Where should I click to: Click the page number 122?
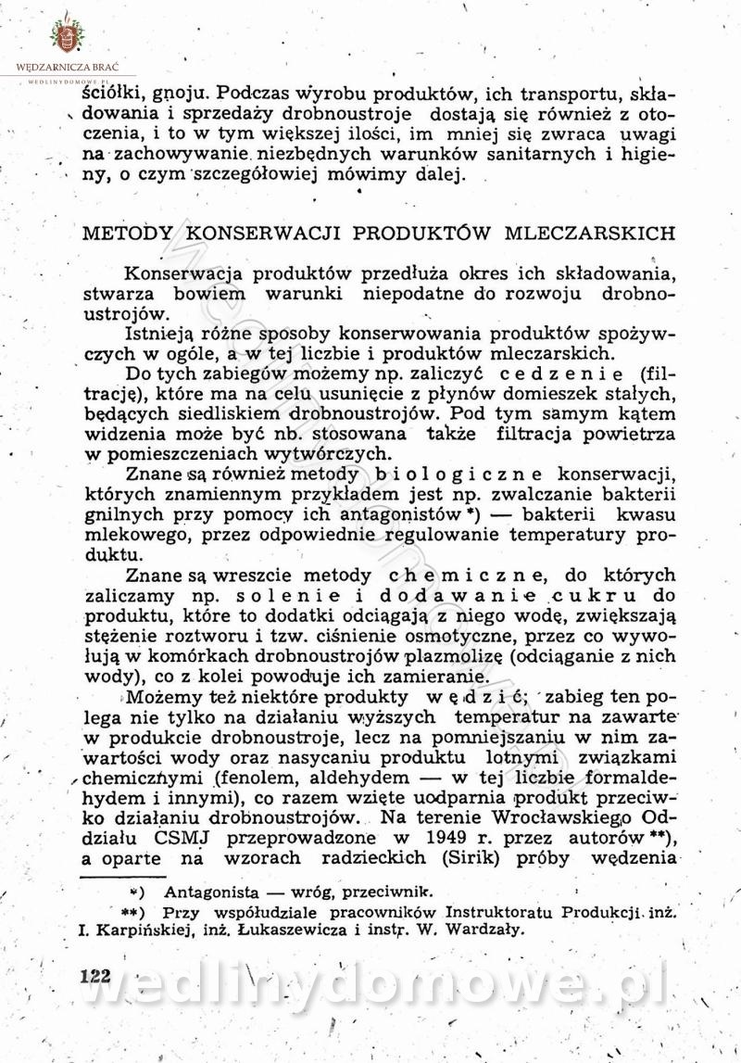click(95, 976)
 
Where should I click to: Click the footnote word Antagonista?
click(207, 892)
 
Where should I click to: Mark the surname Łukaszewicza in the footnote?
click(303, 930)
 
